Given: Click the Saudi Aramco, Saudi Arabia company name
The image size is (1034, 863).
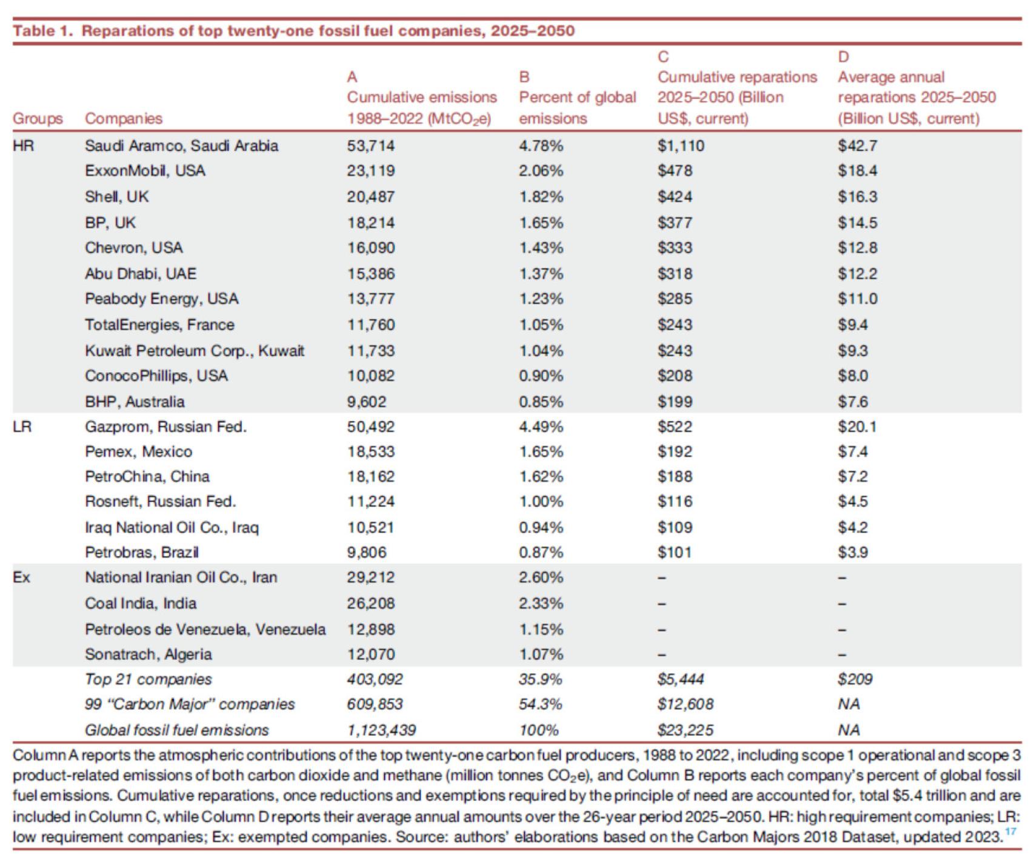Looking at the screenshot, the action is [181, 145].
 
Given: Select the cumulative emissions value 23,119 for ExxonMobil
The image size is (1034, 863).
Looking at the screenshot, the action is [371, 171].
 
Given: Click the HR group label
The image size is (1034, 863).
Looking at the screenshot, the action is [23, 145].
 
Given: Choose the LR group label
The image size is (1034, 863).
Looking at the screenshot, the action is [22, 427].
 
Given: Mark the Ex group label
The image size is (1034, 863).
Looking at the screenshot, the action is [21, 577].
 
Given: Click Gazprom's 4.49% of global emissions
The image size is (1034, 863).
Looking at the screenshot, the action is [541, 427].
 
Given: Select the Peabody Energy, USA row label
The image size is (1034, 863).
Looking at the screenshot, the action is [162, 299].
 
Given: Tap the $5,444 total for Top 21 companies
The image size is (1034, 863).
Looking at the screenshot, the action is [681, 679].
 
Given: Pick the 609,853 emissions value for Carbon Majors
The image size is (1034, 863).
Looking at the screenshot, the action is [375, 704].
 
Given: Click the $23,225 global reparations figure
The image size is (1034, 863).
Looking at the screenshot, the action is [685, 730].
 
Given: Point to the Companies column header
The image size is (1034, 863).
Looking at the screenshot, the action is [124, 118].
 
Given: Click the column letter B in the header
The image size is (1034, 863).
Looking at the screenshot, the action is [524, 77].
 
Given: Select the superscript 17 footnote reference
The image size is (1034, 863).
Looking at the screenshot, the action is [1010, 831].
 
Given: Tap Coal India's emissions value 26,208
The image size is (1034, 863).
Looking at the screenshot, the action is [371, 603].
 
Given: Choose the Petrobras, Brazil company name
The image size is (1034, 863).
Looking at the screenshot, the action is [142, 552].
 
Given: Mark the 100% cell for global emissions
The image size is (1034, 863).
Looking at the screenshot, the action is [539, 730].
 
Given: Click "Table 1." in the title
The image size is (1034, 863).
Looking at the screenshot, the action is [42, 31].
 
